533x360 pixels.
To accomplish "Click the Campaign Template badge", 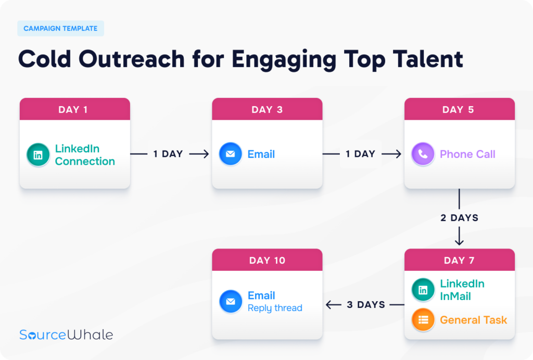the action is (x=60, y=28).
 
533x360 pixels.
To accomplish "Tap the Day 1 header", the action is (x=75, y=109).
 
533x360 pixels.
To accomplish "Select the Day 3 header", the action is (x=267, y=109).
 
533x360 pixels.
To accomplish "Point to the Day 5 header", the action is (x=460, y=109).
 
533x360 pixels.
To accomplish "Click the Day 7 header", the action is (x=460, y=260).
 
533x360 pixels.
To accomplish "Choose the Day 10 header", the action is (x=267, y=260).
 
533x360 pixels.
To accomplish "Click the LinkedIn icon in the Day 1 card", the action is (x=38, y=155).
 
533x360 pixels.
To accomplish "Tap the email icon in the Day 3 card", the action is (x=231, y=154).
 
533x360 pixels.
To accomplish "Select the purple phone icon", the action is (x=423, y=154).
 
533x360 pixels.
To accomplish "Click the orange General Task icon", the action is (x=423, y=319).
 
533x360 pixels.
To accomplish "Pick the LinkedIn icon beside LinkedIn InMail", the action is (x=423, y=290).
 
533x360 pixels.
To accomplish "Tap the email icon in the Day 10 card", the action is (x=231, y=301).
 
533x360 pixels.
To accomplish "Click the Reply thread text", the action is (x=275, y=308).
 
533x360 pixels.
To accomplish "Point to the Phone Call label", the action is (x=467, y=154).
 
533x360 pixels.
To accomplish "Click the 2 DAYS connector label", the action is (x=459, y=218).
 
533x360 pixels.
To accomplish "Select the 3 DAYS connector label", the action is (x=366, y=305).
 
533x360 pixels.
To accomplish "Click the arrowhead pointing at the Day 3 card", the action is (x=206, y=154).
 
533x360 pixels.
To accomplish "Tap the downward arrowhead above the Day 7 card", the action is (x=459, y=242).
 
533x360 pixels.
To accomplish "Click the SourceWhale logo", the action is (x=66, y=334).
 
